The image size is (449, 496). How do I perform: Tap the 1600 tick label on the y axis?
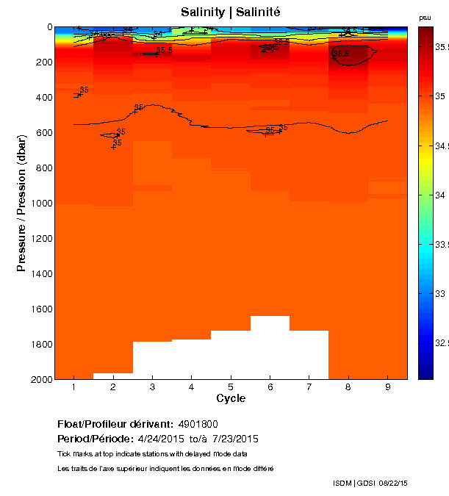click(x=40, y=309)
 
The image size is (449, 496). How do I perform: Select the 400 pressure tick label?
click(x=42, y=97)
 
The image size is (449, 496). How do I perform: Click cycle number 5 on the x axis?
click(x=231, y=387)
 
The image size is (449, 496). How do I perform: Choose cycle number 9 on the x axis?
click(x=388, y=387)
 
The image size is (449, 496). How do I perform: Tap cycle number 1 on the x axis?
click(x=73, y=387)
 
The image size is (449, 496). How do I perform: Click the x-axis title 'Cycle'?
click(x=231, y=399)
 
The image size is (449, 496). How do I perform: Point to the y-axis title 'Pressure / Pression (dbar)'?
click(x=22, y=204)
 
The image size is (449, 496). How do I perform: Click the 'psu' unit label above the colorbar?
click(x=425, y=17)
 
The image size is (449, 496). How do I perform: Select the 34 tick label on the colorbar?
click(x=441, y=195)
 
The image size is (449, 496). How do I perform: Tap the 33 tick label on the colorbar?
click(x=441, y=294)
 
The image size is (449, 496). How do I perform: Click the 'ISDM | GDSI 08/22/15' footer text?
click(x=370, y=483)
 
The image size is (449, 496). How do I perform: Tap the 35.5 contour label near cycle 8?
click(x=341, y=54)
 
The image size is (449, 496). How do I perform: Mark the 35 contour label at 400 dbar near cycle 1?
click(x=84, y=90)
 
